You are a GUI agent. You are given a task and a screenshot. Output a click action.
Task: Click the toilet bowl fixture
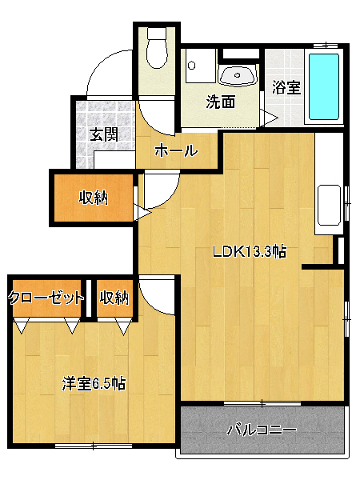tap(157, 49)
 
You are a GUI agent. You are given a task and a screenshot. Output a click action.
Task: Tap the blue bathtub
tap(324, 86)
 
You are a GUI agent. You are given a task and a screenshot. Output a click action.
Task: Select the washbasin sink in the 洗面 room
tap(238, 76)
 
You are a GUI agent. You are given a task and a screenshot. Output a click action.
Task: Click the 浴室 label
tap(286, 87)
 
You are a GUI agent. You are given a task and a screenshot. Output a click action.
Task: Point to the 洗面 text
tap(221, 102)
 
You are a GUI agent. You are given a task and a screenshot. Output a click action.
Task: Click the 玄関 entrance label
tap(104, 134)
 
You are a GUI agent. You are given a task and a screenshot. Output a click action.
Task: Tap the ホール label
tap(176, 150)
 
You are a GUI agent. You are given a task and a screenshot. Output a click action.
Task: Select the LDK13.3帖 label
tap(249, 252)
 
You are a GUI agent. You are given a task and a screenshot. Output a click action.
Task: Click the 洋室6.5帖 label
tap(94, 383)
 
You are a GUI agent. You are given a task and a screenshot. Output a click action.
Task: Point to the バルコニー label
tap(262, 430)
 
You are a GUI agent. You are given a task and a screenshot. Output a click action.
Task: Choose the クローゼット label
tap(46, 298)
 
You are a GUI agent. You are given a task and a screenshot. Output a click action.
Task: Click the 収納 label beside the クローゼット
tap(114, 298)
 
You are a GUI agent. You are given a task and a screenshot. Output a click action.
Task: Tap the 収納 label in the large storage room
tap(94, 198)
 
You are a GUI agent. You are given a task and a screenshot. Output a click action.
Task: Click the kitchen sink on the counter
tap(329, 205)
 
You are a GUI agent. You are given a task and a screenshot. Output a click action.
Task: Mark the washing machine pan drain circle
tap(192, 66)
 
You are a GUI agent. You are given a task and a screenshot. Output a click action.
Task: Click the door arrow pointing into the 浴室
tap(269, 118)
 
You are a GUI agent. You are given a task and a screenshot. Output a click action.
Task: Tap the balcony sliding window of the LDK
tap(262, 403)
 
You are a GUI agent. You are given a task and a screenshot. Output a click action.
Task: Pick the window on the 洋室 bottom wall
tap(94, 446)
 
